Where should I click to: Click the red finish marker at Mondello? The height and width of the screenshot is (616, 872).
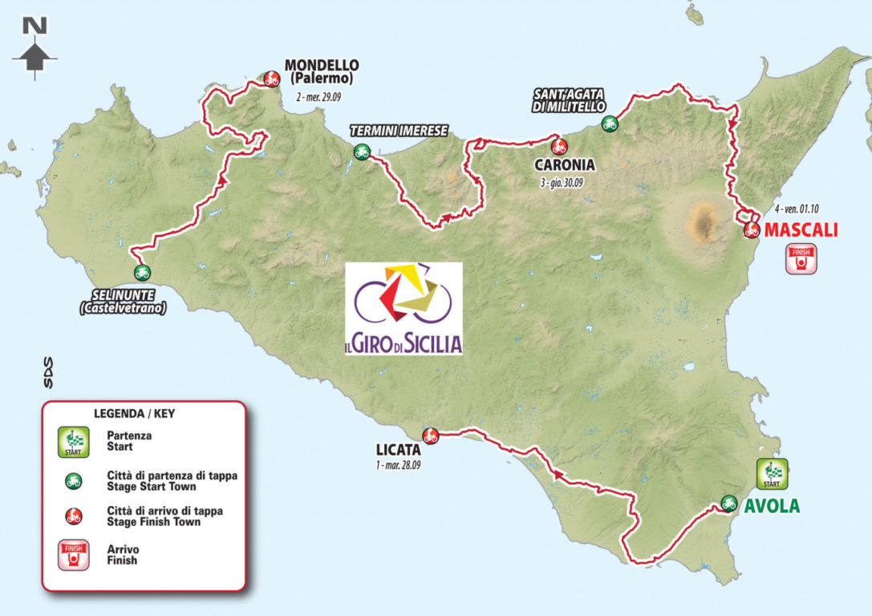pyautogui.click(x=271, y=78)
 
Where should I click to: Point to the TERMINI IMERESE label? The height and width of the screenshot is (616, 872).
pyautogui.click(x=398, y=131)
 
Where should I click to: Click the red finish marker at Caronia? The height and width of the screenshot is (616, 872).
pyautogui.click(x=558, y=146)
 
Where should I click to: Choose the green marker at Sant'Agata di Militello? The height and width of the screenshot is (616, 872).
pyautogui.click(x=610, y=124)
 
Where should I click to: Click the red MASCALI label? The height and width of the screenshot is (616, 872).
pyautogui.click(x=801, y=230)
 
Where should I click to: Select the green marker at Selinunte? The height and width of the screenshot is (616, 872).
pyautogui.click(x=142, y=272)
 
